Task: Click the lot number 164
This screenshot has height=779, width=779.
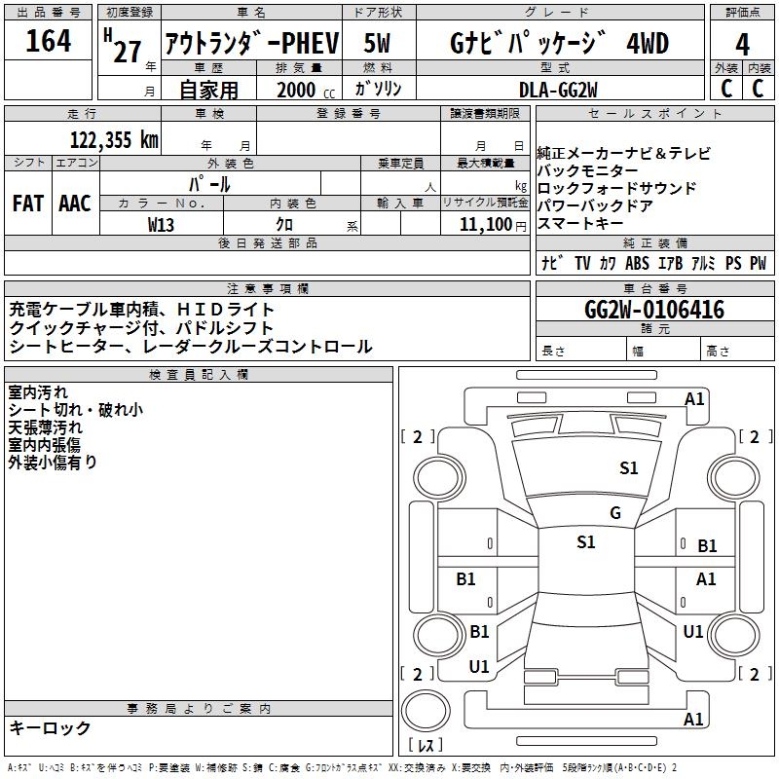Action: pyautogui.click(x=49, y=42)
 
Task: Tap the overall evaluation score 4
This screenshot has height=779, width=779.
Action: pyautogui.click(x=743, y=44)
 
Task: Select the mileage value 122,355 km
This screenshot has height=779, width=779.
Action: pyautogui.click(x=114, y=139)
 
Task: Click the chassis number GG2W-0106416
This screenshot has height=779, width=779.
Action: pyautogui.click(x=653, y=310)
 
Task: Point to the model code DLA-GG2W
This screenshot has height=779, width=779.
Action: pyautogui.click(x=558, y=89)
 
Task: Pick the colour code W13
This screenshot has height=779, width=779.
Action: pyautogui.click(x=162, y=224)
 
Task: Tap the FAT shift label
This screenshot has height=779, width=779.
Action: pyautogui.click(x=28, y=203)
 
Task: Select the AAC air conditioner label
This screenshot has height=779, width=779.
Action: pyautogui.click(x=75, y=203)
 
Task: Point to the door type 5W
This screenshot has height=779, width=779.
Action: pyautogui.click(x=379, y=43)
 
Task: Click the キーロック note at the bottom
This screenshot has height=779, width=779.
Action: pyautogui.click(x=50, y=727)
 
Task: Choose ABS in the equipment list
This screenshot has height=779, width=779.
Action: pyautogui.click(x=637, y=264)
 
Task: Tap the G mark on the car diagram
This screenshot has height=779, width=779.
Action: pyautogui.click(x=614, y=512)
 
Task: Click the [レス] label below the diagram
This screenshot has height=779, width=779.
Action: pyautogui.click(x=425, y=746)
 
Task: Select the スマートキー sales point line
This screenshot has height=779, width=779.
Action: pyautogui.click(x=579, y=223)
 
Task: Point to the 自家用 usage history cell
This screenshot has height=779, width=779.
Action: pyautogui.click(x=208, y=90)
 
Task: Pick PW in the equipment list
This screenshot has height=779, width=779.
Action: pyautogui.click(x=758, y=264)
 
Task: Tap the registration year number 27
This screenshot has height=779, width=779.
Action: pyautogui.click(x=128, y=51)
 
